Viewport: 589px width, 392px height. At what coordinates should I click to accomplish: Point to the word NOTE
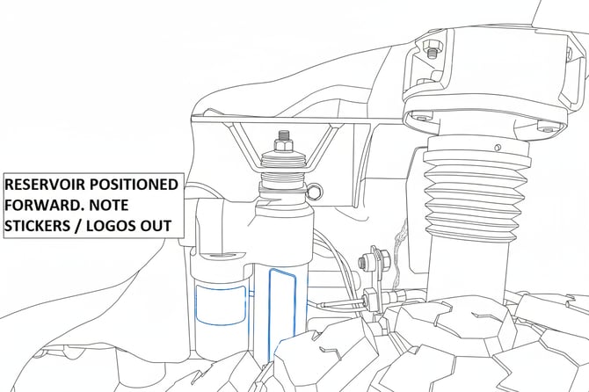click(110, 205)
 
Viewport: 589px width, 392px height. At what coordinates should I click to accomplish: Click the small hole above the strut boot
click(498, 147)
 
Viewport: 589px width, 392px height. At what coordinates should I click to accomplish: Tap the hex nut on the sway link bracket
click(364, 261)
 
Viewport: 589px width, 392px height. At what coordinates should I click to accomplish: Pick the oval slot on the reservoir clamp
click(222, 256)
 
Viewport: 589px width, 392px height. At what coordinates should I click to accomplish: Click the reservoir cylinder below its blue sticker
click(220, 340)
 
